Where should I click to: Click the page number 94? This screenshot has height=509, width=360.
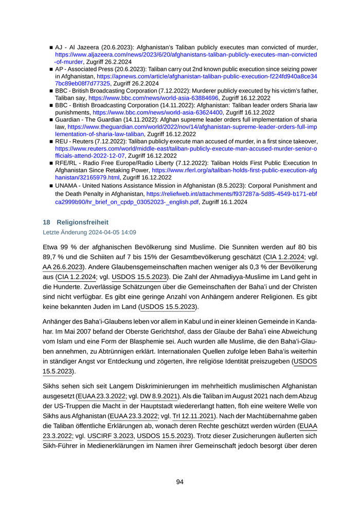pyautogui.click(x=179, y=482)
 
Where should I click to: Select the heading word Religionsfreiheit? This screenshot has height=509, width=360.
pyautogui.click(x=83, y=223)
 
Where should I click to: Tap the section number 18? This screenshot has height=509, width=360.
pyautogui.click(x=46, y=223)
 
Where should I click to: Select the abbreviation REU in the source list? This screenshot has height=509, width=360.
pyautogui.click(x=62, y=141)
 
